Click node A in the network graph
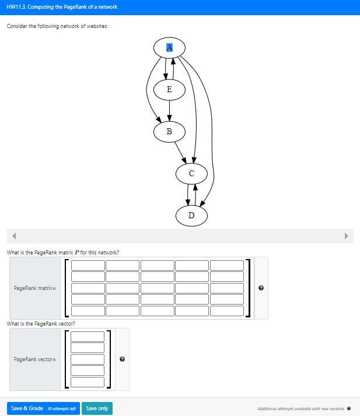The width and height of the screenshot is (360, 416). pyautogui.click(x=169, y=47)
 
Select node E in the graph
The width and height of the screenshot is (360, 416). pyautogui.click(x=169, y=89)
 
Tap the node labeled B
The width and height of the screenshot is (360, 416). pyautogui.click(x=169, y=131)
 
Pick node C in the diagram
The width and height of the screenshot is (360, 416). pyautogui.click(x=191, y=173)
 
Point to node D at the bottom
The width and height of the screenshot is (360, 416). pyautogui.click(x=191, y=215)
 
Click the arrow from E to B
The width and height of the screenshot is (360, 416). pyautogui.click(x=169, y=110)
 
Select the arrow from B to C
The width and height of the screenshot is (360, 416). pyautogui.click(x=181, y=153)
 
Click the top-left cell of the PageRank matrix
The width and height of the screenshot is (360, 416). pyautogui.click(x=88, y=265)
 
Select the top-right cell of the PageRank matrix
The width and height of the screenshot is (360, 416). pyautogui.click(x=226, y=265)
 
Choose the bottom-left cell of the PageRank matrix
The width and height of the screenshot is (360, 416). pyautogui.click(x=88, y=311)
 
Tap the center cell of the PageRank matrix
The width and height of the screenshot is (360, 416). pyautogui.click(x=157, y=288)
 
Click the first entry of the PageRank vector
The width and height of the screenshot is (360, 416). pyautogui.click(x=88, y=337)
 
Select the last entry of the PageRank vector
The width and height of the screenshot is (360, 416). pyautogui.click(x=88, y=382)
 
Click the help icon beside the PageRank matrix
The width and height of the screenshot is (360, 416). pyautogui.click(x=261, y=288)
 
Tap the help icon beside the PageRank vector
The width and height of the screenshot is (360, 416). pyautogui.click(x=122, y=359)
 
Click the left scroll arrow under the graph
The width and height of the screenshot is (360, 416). pyautogui.click(x=14, y=236)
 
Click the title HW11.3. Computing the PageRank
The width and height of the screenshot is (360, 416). pyautogui.click(x=62, y=7)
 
